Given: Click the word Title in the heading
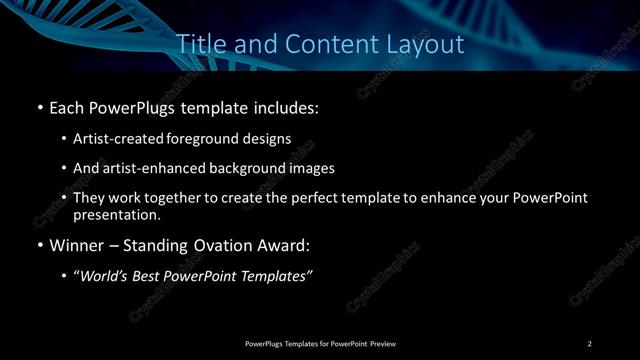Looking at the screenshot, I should [x=199, y=45].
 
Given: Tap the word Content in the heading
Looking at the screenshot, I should [x=325, y=45].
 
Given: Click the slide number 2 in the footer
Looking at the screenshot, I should [x=589, y=344].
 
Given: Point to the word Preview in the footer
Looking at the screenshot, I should [x=384, y=344].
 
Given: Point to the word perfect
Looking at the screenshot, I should [x=327, y=198].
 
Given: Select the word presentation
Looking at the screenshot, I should [x=116, y=214].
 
